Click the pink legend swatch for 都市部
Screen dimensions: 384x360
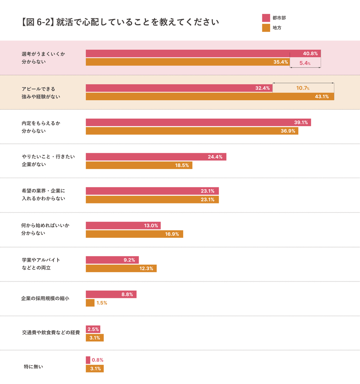pos(266,18)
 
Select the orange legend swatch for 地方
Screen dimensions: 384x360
pos(266,28)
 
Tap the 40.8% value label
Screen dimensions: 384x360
pos(310,54)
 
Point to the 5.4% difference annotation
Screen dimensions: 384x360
pos(305,63)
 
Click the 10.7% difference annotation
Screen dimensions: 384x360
pos(302,88)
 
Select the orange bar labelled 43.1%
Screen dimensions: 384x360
pos(210,96)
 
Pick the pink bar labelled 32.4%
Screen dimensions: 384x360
pos(179,88)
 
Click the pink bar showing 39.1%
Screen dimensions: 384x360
pos(198,122)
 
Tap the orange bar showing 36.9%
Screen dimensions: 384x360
pos(192,131)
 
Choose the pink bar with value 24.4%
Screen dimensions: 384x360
pos(156,157)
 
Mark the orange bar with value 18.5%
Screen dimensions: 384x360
pos(139,165)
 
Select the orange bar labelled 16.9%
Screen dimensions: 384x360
pos(134,234)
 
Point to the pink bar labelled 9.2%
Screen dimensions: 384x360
pos(112,260)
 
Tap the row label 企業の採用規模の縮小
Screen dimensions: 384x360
pos(45,298)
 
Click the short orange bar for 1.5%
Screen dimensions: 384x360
pos(90,303)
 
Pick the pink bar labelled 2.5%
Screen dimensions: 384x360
pos(93,329)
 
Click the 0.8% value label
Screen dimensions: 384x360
pos(98,360)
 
